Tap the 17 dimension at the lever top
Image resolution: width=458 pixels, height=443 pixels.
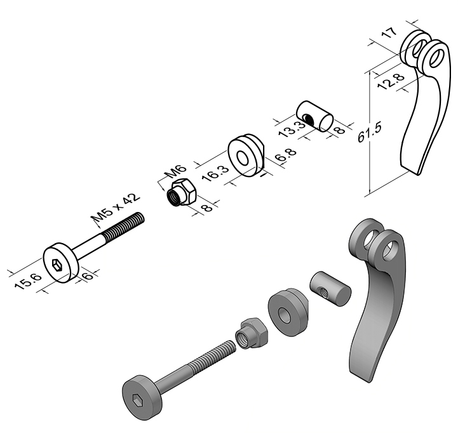tap(389, 33)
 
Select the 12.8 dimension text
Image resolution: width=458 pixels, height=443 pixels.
tap(391, 81)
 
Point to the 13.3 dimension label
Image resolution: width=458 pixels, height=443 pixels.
tap(291, 129)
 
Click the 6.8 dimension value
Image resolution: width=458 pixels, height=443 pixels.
tap(286, 155)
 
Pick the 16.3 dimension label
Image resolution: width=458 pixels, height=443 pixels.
tap(215, 173)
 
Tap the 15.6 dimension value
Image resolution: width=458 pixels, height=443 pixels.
tap(29, 281)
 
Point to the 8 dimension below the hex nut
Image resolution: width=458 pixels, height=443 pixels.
tap(206, 208)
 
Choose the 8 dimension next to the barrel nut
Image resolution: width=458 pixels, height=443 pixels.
tap(339, 129)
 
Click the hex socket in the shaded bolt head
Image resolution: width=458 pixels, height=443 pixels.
tap(137, 400)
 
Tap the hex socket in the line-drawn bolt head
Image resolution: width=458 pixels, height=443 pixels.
tap(57, 265)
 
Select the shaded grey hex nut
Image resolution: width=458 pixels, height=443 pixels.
tap(251, 333)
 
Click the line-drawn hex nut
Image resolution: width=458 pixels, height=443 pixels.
tap(181, 192)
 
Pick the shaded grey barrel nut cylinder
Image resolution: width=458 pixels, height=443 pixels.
tap(330, 289)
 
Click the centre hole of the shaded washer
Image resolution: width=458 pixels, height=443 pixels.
tap(283, 316)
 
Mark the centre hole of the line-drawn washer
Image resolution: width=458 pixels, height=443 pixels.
tap(242, 158)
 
